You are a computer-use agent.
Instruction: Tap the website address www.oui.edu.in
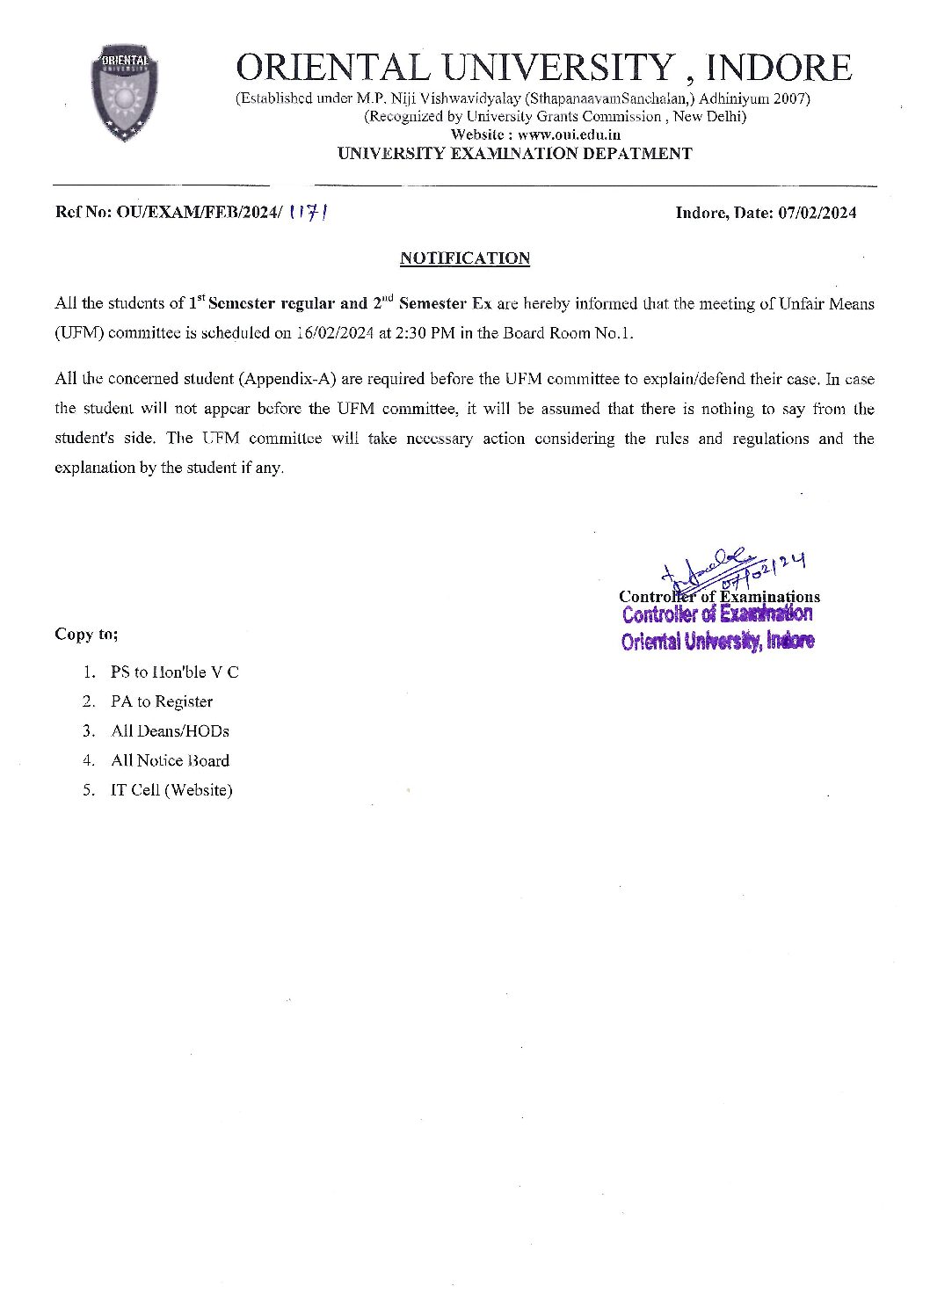coord(569,134)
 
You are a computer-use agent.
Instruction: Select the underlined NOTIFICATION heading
coord(465,258)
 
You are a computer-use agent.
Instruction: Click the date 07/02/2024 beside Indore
coord(817,213)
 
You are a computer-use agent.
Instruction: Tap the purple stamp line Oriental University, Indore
coord(717,641)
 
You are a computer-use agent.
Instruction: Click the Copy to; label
coord(86,634)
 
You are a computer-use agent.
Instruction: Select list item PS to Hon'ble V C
coord(174,672)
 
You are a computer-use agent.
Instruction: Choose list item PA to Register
coord(162,701)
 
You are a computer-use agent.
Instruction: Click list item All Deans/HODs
coord(170,730)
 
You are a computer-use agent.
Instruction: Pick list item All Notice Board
coord(170,760)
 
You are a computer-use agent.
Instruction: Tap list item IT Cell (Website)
coord(171,789)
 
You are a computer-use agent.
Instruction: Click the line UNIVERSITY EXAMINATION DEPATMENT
coord(515,153)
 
